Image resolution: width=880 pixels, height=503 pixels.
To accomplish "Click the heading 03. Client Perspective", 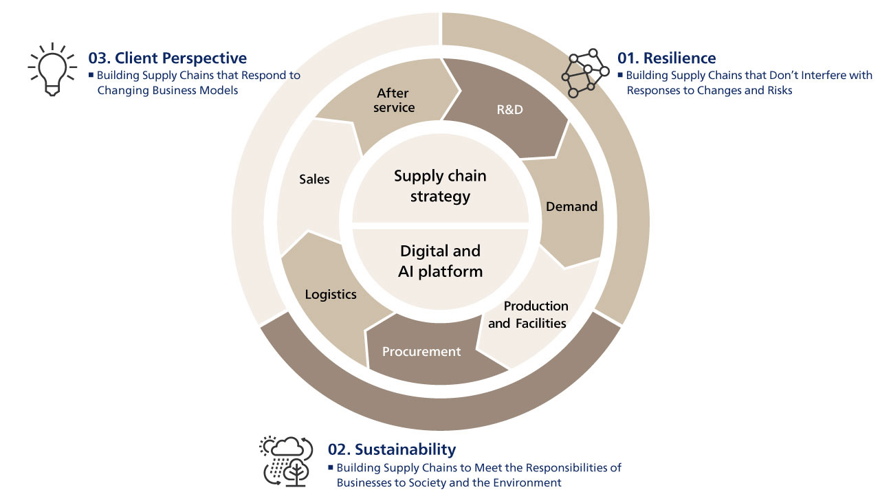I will pos(167,58).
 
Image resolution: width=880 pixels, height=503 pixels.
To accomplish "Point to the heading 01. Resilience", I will pos(666,58).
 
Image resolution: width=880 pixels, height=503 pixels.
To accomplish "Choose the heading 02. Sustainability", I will pos(391,449).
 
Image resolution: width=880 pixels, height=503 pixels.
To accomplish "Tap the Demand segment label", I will pos(571,206).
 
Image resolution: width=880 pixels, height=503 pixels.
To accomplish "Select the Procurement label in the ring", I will pos(421,351).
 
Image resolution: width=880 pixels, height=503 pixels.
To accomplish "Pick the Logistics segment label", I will pos(331,294).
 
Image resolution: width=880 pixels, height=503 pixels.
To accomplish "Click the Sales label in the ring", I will pos(314,179).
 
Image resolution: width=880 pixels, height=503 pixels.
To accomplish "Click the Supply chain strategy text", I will pos(440,186).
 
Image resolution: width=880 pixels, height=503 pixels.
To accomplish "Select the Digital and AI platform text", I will pos(440,261).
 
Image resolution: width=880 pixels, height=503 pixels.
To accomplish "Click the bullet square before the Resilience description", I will pos(619,75).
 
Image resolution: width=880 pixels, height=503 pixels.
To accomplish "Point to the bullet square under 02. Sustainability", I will pos(330,467).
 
